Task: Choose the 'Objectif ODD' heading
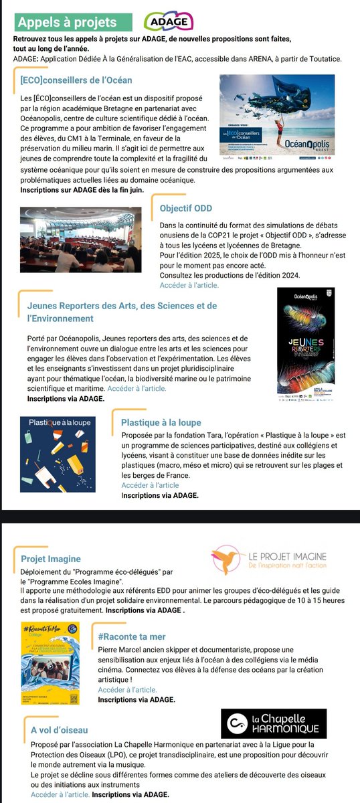[x=187, y=208]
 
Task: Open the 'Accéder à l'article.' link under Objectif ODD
[x=189, y=285]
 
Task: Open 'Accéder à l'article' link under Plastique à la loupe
[x=150, y=485]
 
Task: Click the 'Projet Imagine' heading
[x=51, y=559]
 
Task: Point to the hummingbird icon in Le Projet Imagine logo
[x=224, y=560]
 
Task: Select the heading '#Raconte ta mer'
[x=132, y=636]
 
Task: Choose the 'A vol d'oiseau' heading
[x=60, y=730]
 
